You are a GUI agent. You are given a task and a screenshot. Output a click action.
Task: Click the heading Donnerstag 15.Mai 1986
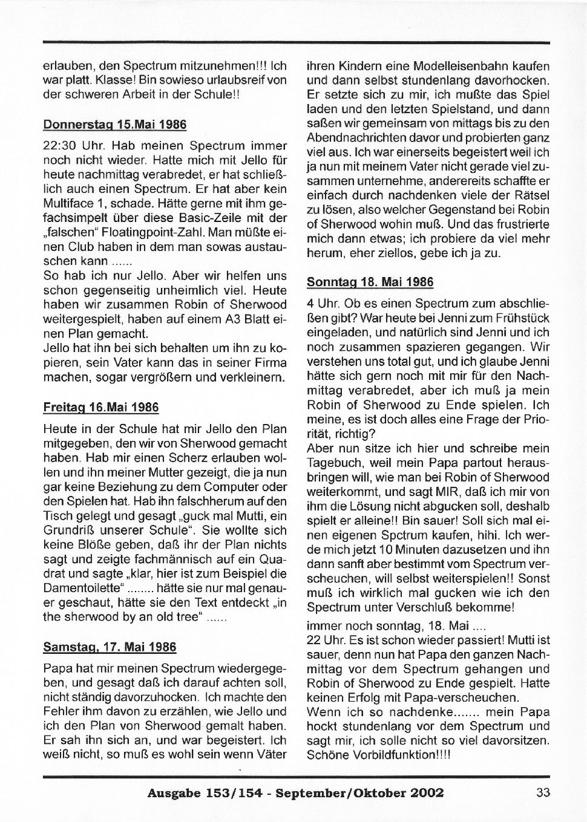(x=115, y=125)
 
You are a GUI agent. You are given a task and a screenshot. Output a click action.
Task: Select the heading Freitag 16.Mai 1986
(x=101, y=407)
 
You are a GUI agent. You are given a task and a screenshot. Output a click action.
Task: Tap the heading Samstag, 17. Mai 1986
(x=110, y=647)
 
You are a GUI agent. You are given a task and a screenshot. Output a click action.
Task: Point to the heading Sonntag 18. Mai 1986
(x=370, y=282)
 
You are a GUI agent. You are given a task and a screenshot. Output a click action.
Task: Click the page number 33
(x=542, y=792)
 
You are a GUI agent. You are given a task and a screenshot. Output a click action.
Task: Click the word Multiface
(x=67, y=204)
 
